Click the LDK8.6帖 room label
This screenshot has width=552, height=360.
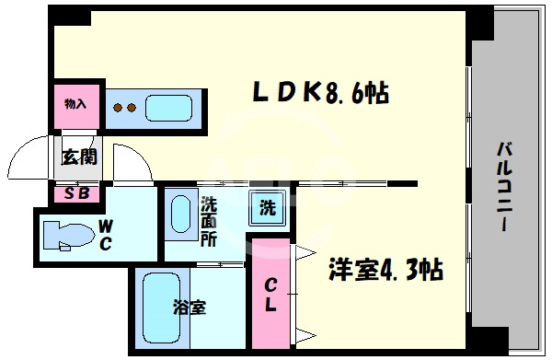pyautogui.click(x=321, y=93)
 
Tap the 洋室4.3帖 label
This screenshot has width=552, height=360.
pyautogui.click(x=385, y=270)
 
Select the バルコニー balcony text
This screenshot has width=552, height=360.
pyautogui.click(x=504, y=186)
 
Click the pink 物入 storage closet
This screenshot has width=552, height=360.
pyautogui.click(x=76, y=107)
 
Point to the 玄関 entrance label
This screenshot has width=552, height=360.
pyautogui.click(x=79, y=157)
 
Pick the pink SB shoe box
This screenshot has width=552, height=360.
pyautogui.click(x=76, y=194)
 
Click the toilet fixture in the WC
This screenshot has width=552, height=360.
pyautogui.click(x=69, y=236)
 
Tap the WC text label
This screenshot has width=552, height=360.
pyautogui.click(x=105, y=235)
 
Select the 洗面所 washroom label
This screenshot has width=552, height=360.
pyautogui.click(x=209, y=222)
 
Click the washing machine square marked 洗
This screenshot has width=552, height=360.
pyautogui.click(x=268, y=208)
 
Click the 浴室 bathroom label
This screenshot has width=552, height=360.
pyautogui.click(x=190, y=308)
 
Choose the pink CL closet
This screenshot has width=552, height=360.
pyautogui.click(x=270, y=294)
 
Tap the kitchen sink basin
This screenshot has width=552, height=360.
pyautogui.click(x=169, y=108)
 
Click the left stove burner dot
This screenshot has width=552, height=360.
pyautogui.click(x=118, y=108)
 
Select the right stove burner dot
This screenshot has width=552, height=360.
pyautogui.click(x=132, y=108)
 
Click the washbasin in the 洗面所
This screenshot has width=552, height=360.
pyautogui.click(x=181, y=214)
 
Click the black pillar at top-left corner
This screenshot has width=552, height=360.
pyautogui.click(x=69, y=16)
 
